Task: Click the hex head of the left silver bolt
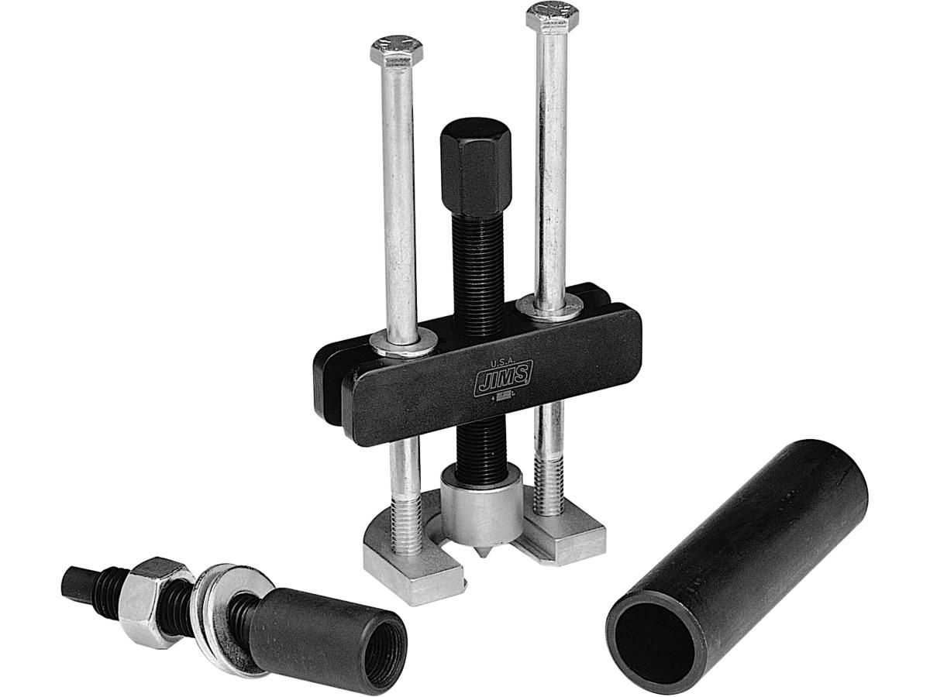click(396, 51)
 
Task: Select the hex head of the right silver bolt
click(553, 17)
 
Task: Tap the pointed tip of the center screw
click(484, 557)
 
